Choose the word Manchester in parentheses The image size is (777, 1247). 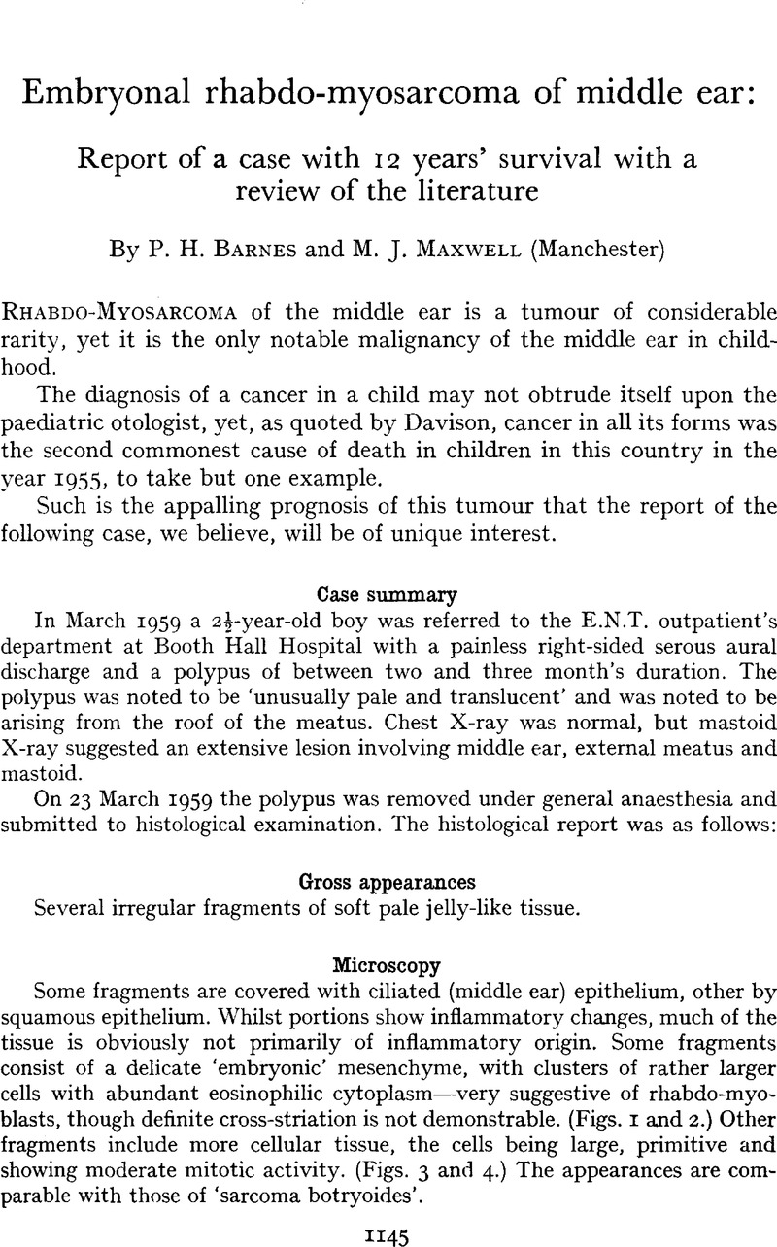(x=586, y=254)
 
